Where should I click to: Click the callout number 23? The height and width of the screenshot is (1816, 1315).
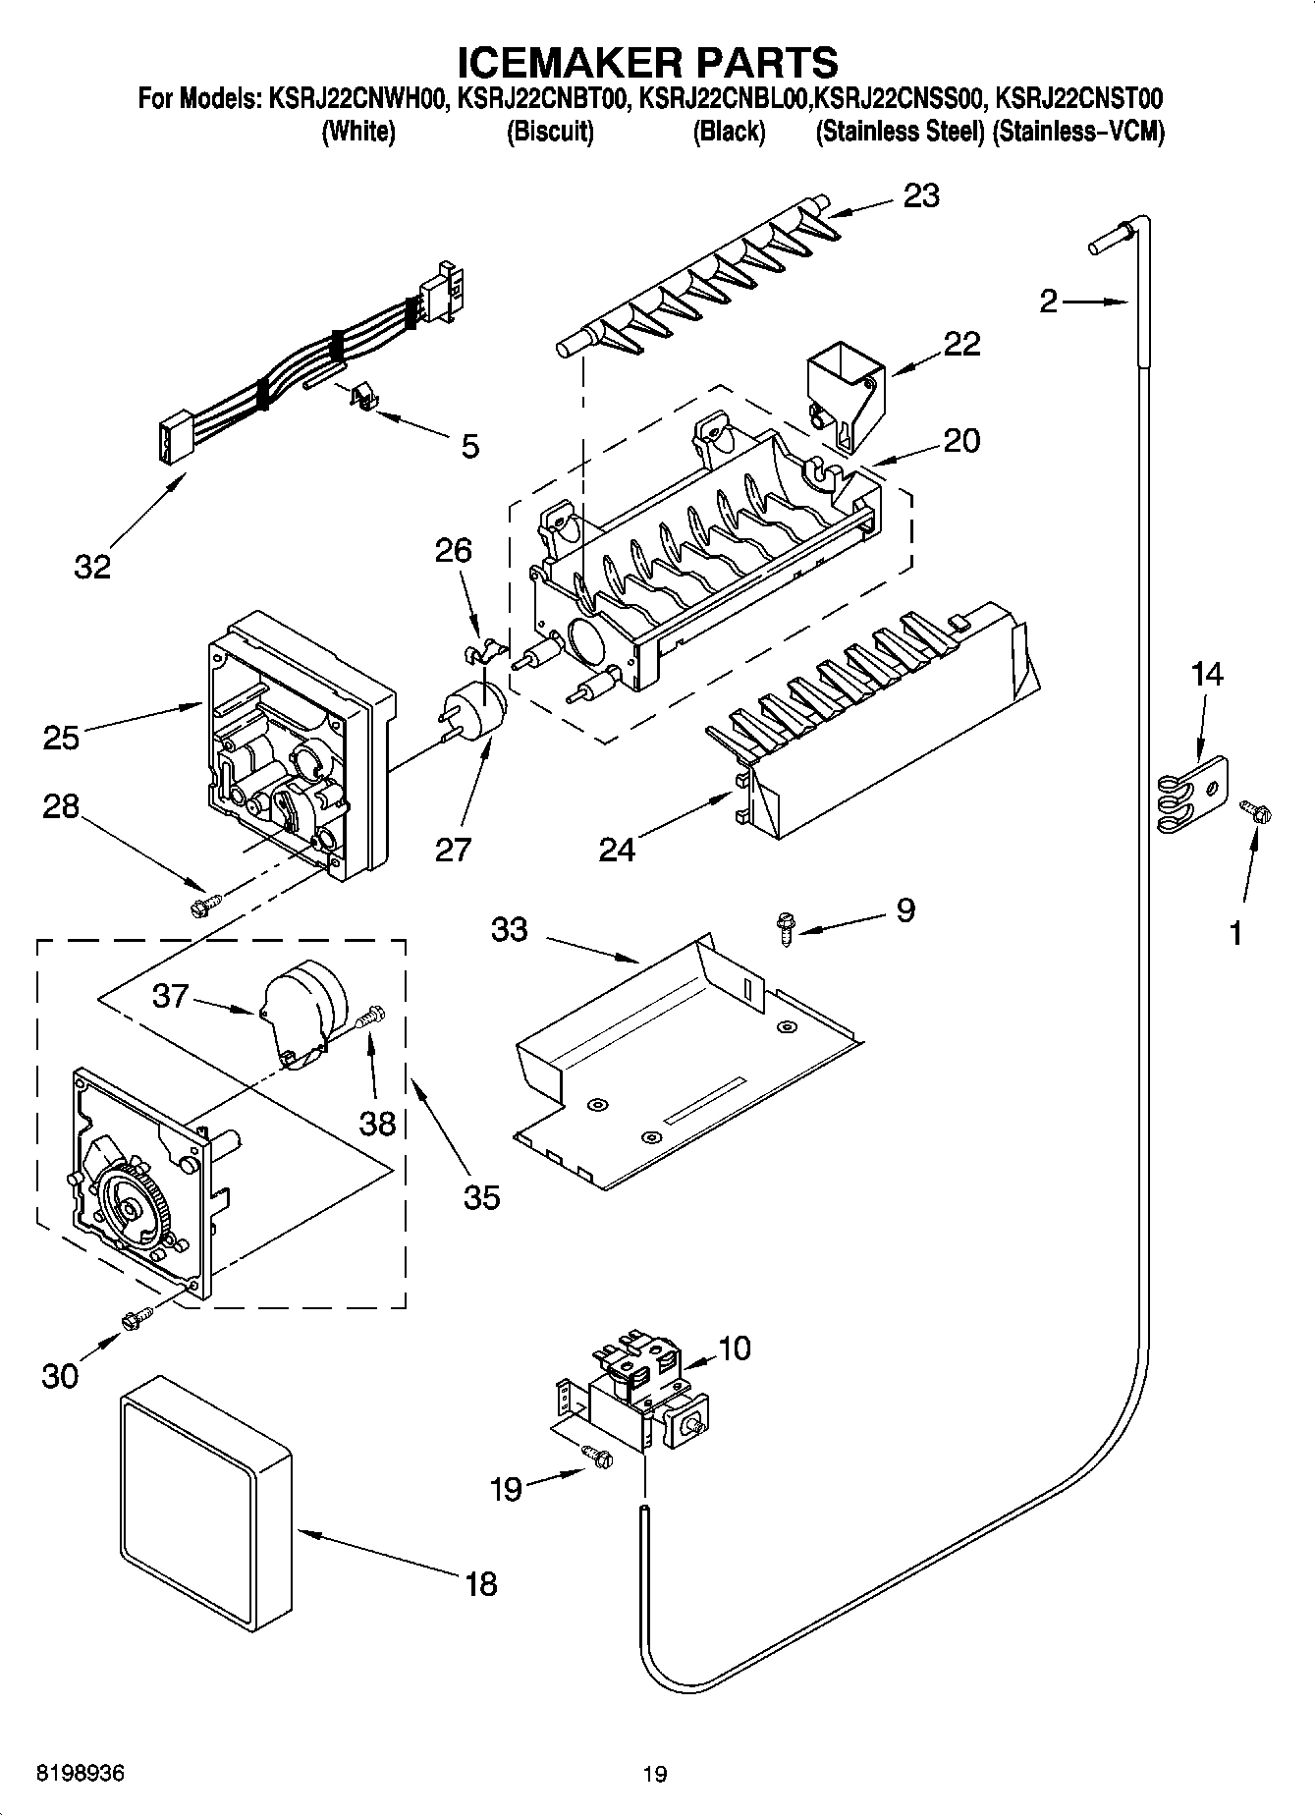[x=921, y=195]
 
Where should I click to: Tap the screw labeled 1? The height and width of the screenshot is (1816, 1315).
[x=1255, y=811]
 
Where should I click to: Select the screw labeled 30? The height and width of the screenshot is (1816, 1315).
[x=137, y=1319]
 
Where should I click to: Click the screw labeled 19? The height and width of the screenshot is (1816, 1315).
[x=596, y=1458]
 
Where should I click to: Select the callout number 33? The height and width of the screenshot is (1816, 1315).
[x=510, y=928]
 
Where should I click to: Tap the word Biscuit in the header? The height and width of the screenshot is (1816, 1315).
[x=549, y=133]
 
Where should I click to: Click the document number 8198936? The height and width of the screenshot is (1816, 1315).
[x=81, y=1774]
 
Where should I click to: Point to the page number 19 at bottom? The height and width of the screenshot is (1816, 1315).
[x=654, y=1774]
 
